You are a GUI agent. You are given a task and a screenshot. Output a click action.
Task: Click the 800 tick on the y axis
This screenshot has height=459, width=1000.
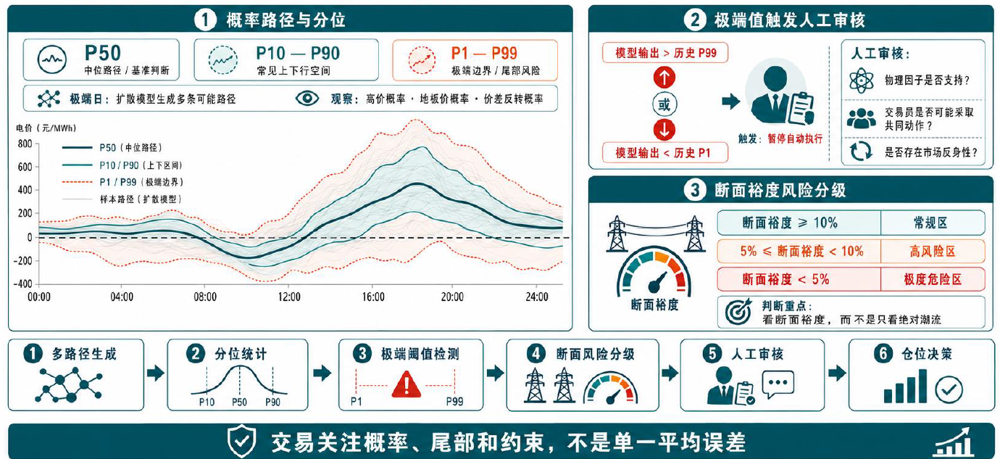click(x=25, y=144)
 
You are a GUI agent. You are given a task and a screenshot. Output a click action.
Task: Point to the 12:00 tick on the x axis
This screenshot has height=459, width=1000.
click(x=289, y=297)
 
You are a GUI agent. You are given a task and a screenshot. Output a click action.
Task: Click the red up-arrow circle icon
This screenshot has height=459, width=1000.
click(x=664, y=78)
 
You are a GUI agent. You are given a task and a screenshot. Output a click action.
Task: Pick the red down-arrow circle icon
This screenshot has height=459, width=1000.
click(x=664, y=130)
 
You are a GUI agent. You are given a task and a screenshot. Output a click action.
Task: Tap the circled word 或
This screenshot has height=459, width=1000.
click(x=664, y=104)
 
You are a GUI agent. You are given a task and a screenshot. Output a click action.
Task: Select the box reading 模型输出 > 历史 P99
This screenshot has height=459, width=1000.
click(x=665, y=53)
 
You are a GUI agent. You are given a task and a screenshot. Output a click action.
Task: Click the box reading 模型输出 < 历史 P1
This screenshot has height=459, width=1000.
click(x=665, y=153)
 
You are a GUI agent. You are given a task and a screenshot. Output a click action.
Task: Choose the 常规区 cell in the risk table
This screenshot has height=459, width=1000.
click(x=933, y=223)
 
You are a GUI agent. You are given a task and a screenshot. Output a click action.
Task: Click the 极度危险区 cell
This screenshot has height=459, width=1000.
click(x=933, y=279)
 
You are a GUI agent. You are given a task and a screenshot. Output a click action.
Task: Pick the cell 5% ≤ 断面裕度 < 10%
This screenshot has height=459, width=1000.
click(x=799, y=251)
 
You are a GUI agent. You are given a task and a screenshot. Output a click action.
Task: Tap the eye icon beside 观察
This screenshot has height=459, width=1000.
click(x=307, y=99)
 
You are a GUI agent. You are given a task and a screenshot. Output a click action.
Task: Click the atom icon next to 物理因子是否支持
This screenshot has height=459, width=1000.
click(x=861, y=81)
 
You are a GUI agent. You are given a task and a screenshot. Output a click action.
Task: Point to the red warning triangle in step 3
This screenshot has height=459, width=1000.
click(x=407, y=384)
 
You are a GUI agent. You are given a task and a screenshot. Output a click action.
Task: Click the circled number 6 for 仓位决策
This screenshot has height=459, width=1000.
click(x=883, y=354)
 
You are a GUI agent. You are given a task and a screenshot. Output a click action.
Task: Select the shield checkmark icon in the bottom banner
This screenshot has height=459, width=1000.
click(x=241, y=441)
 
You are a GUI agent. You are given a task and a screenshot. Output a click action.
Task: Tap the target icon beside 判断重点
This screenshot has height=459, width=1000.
click(x=738, y=312)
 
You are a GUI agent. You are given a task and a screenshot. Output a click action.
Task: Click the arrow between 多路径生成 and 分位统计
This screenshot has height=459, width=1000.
click(x=156, y=373)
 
